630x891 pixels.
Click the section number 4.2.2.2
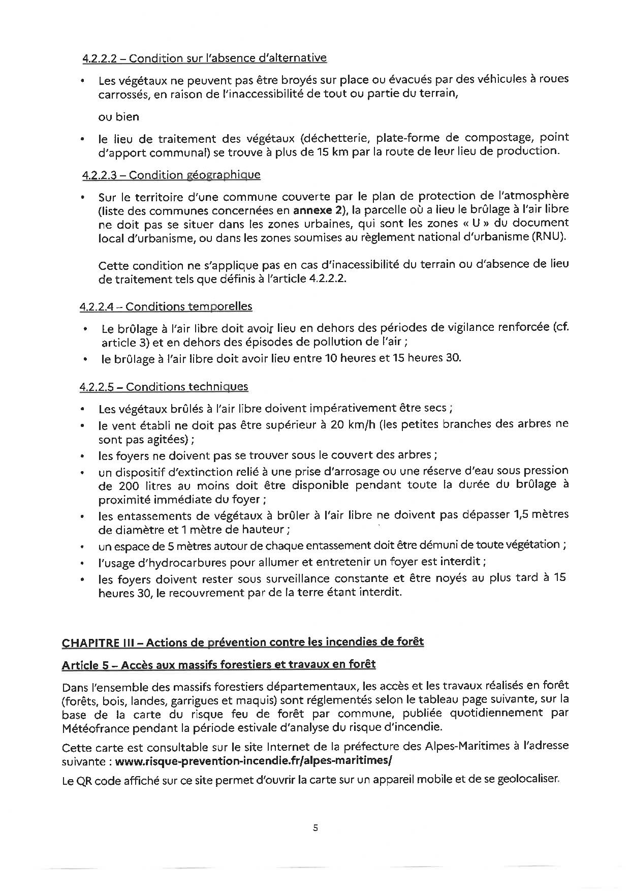[x=100, y=58]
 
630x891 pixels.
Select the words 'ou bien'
[x=118, y=116]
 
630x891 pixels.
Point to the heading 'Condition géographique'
[x=195, y=175]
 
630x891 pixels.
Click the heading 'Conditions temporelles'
[x=188, y=306]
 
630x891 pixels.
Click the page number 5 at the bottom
[x=316, y=828]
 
